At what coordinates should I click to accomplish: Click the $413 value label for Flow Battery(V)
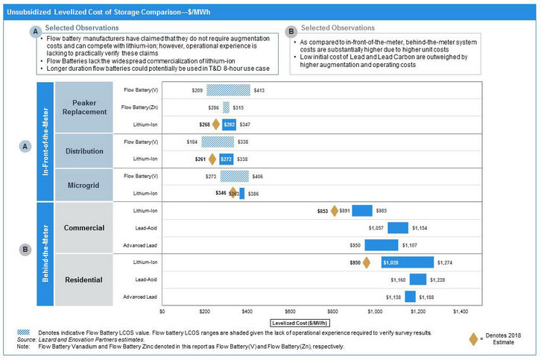pyautogui.click(x=259, y=90)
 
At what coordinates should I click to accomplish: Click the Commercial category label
pyautogui.click(x=83, y=227)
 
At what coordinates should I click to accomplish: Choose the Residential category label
pyautogui.click(x=83, y=280)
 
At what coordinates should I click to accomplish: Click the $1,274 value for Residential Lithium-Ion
pyautogui.click(x=445, y=262)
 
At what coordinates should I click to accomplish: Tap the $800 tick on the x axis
pyautogui.click(x=332, y=309)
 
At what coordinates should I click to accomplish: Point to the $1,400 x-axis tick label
pyautogui.click(x=461, y=309)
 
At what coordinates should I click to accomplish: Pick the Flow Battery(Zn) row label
pyautogui.click(x=139, y=107)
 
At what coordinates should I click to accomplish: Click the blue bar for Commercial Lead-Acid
pyautogui.click(x=397, y=228)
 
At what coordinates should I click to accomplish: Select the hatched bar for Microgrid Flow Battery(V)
pyautogui.click(x=234, y=176)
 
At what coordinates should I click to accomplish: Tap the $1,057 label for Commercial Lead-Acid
pyautogui.click(x=376, y=228)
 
